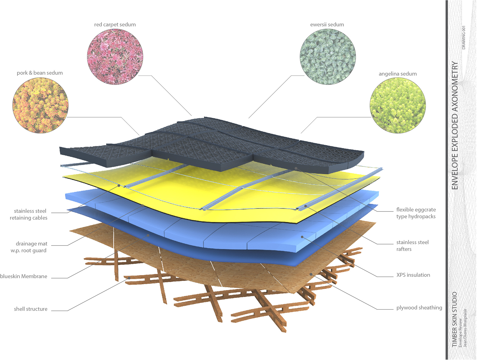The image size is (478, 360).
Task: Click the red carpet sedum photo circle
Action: click(115, 57)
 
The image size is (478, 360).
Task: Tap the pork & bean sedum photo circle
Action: click(41, 105)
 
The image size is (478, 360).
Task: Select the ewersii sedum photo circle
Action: click(328, 57)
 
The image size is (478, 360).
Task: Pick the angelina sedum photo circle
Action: click(398, 105)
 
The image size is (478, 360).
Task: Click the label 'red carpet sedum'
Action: click(115, 24)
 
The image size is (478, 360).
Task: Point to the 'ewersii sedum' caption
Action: click(327, 24)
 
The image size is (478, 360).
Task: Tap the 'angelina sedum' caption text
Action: click(398, 74)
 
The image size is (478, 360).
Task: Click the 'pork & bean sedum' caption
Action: click(40, 73)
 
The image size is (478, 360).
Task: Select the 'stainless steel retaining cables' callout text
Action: click(28, 214)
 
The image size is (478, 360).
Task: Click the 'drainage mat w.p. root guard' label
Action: click(29, 247)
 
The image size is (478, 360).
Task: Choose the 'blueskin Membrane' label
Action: click(24, 276)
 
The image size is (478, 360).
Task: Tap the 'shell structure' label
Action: click(31, 309)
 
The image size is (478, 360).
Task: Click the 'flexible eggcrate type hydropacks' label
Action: click(416, 213)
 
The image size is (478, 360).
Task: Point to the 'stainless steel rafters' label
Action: click(412, 246)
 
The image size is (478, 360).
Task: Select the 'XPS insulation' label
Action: click(413, 275)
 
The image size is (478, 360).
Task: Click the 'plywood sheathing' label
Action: click(419, 307)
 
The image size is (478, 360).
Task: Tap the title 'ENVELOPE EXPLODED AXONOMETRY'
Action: click(455, 125)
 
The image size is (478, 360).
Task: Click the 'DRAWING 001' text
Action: click(464, 38)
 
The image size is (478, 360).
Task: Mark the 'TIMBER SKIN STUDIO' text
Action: click(454, 319)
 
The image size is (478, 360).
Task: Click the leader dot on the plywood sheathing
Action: click(311, 274)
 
